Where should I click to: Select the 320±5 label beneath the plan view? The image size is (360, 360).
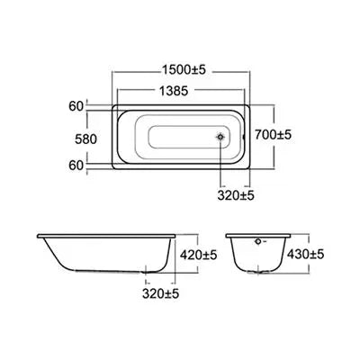(236, 194)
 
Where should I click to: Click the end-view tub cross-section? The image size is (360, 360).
(257, 256)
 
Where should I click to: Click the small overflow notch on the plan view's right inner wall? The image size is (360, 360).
(240, 138)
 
